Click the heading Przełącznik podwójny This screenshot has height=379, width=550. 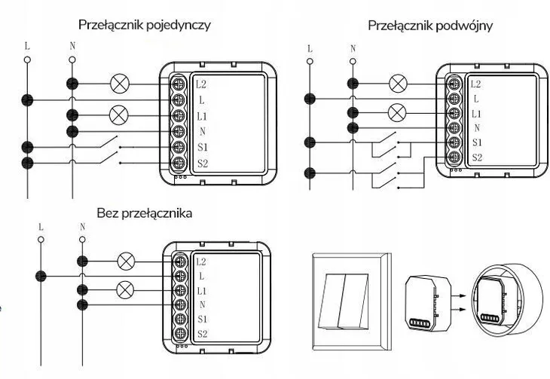coord(429,26)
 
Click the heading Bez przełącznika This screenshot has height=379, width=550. coord(145,213)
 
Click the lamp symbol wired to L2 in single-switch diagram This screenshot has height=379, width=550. coord(118,83)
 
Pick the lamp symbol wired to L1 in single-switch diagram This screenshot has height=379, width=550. coord(118,115)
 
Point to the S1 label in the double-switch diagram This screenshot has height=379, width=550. coord(476,142)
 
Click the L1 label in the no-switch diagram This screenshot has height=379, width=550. coord(201,290)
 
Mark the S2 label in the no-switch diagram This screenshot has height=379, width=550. coord(201,333)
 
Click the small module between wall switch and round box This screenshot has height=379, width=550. coord(428,303)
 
